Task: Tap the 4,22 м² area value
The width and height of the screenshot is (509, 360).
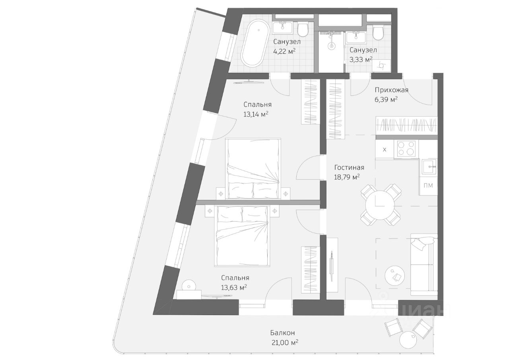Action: (x=284, y=51)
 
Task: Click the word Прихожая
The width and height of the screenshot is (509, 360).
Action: (x=391, y=90)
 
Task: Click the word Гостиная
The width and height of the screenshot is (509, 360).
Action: (x=349, y=167)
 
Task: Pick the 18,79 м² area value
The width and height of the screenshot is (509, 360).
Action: (x=347, y=177)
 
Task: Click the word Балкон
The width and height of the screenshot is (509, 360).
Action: (x=282, y=333)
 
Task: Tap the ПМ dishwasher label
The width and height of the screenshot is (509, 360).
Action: (x=428, y=185)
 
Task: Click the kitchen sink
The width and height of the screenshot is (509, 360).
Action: (x=429, y=167)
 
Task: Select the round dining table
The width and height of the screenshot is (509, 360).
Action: (x=380, y=204)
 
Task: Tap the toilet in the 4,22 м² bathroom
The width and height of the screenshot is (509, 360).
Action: (x=303, y=29)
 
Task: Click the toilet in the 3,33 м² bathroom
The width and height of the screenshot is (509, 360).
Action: (x=378, y=32)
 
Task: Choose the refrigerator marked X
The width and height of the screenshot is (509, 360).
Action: (x=385, y=150)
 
